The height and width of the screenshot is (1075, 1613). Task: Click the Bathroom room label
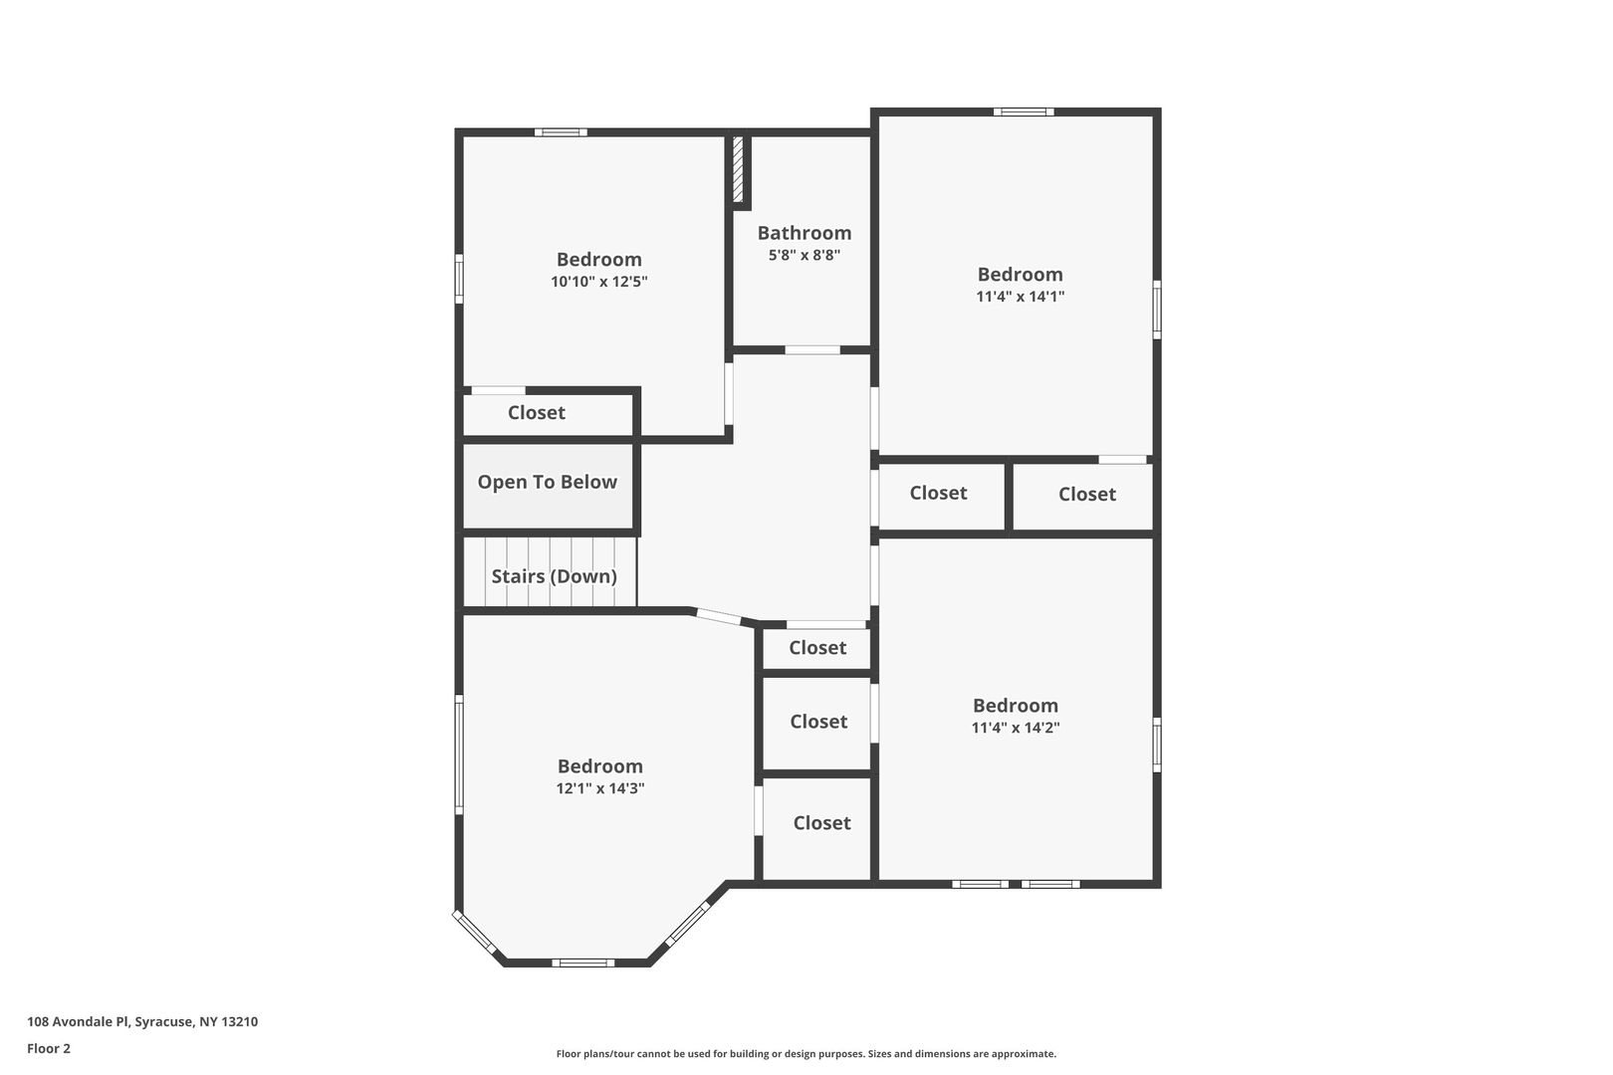(804, 233)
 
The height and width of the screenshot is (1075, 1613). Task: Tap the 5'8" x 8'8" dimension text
(805, 255)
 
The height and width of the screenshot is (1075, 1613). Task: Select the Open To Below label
(548, 483)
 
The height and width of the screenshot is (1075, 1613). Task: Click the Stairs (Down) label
(554, 576)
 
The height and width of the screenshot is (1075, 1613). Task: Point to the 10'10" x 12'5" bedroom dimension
(599, 282)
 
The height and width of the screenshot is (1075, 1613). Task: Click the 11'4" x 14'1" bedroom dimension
(1020, 297)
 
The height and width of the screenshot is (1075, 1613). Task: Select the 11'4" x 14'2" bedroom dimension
(1016, 728)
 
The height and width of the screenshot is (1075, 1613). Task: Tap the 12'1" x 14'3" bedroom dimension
(599, 788)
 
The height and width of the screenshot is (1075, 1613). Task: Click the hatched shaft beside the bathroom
(738, 169)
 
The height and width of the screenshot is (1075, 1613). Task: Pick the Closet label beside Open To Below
(537, 412)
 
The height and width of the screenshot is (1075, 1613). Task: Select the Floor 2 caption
(49, 1048)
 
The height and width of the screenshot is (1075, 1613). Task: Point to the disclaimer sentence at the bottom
(806, 1053)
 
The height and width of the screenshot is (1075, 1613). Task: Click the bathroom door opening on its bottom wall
(812, 350)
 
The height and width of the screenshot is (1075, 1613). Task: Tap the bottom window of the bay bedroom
(583, 963)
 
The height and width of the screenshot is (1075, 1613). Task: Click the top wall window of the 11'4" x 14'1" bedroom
(1024, 111)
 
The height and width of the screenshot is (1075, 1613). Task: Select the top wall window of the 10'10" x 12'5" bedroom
(561, 131)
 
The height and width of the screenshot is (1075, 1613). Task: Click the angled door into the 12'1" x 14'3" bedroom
(718, 617)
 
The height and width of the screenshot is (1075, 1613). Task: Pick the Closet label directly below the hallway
(817, 648)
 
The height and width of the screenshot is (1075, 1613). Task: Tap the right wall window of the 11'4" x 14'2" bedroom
(1156, 745)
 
